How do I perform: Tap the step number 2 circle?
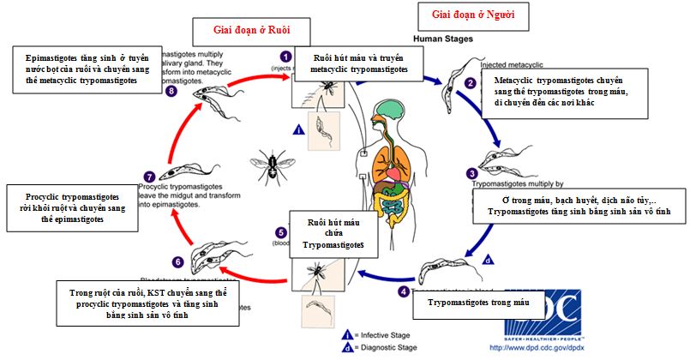click(x=469, y=83)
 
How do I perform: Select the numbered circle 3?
click(x=471, y=172)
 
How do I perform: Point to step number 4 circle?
click(x=404, y=291)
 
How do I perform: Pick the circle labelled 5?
click(x=280, y=231)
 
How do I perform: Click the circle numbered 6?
click(x=177, y=261)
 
